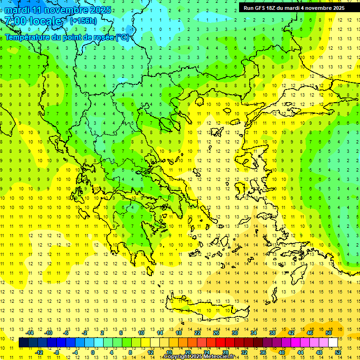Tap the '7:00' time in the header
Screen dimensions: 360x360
pyautogui.click(x=15, y=21)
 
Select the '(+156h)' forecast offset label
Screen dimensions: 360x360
pyautogui.click(x=83, y=21)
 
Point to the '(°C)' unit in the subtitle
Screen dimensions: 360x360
pyautogui.click(x=122, y=37)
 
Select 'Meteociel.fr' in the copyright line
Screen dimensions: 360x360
pyautogui.click(x=219, y=357)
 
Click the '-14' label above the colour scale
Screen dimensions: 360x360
pyautogui.click(x=30, y=333)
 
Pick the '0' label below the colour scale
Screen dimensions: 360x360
pyautogui.click(x=92, y=352)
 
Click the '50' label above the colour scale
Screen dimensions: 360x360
pyautogui.click(x=328, y=333)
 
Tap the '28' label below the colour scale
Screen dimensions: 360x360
pyautogui.click(x=225, y=352)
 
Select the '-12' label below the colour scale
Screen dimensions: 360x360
pyautogui.click(x=39, y=352)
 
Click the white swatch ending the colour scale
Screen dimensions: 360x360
pyautogui.click(x=333, y=343)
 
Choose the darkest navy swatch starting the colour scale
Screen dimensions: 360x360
pyautogui.click(x=23, y=343)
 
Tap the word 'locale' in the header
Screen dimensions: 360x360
pyautogui.click(x=45, y=21)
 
